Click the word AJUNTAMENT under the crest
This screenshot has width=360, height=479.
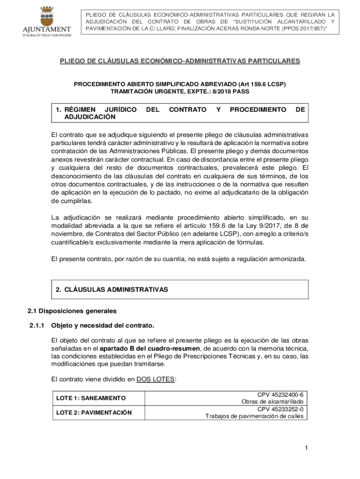[x=47, y=30]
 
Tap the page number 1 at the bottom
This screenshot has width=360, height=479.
[x=306, y=449]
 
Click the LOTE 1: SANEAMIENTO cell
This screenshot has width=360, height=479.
[x=91, y=398]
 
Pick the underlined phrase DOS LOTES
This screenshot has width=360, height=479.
[x=156, y=379]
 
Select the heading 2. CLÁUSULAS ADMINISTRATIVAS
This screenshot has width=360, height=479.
[x=112, y=290]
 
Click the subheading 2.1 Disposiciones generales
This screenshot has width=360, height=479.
[x=72, y=311]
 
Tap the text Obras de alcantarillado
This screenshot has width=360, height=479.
[x=273, y=402]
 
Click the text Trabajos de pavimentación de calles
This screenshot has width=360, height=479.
[x=255, y=416]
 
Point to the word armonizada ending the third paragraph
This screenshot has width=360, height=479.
[x=288, y=259]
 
